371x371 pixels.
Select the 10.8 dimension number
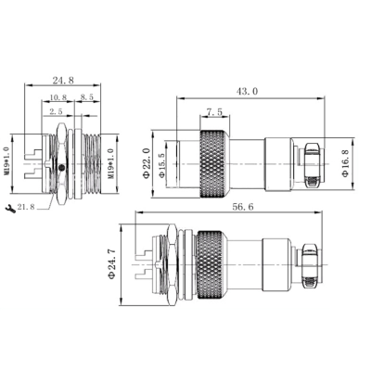58,96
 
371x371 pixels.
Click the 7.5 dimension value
213,112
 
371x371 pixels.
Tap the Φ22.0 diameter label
147,163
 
